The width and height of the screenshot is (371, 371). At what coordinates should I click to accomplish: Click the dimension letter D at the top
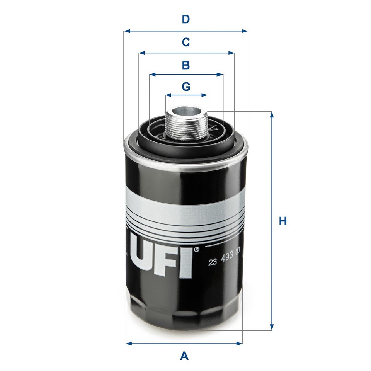pos(186,19)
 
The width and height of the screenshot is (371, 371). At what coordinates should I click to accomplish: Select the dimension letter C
pos(186,42)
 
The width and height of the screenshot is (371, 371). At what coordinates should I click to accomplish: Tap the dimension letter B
pos(186,65)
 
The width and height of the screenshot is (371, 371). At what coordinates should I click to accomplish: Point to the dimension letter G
pos(186,87)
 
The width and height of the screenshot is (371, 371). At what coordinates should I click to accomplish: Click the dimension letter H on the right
pos(283,221)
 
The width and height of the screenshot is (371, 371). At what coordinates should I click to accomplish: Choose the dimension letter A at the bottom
pos(185,355)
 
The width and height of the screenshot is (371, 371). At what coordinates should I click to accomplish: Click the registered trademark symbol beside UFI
pos(196,250)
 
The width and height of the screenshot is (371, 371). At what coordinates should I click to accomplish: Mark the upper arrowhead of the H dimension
pos(272,115)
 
